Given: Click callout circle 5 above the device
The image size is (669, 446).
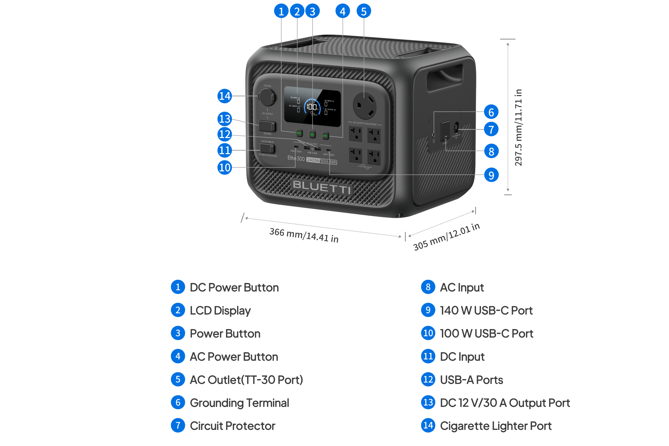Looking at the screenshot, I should [x=364, y=11].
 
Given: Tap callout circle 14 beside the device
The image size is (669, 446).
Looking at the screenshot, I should [x=225, y=96].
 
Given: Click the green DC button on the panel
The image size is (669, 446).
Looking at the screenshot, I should [x=299, y=133].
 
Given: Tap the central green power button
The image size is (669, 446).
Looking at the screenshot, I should [x=312, y=134].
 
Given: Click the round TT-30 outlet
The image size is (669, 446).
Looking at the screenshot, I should [x=364, y=106].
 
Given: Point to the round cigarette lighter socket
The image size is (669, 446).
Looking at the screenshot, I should [x=267, y=97].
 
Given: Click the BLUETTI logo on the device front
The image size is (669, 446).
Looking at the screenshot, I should [x=322, y=187].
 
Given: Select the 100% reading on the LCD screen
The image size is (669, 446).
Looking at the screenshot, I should [x=312, y=107].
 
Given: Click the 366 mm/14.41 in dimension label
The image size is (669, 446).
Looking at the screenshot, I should [x=304, y=235].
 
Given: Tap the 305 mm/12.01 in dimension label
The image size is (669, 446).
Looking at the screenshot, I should [x=446, y=237].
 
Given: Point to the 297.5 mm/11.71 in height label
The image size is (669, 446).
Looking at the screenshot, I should [x=518, y=128].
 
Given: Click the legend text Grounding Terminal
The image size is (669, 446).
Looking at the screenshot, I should [x=239, y=403].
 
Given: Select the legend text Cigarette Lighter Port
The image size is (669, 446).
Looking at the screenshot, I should [x=495, y=426].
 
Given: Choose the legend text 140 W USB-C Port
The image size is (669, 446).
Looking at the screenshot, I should [x=486, y=310].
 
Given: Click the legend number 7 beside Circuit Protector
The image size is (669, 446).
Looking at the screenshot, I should [x=178, y=426].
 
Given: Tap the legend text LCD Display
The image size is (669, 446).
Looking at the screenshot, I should [x=220, y=310].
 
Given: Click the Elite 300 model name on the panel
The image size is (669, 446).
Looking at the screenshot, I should [x=296, y=158].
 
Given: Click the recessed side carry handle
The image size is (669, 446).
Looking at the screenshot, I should [x=444, y=77].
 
